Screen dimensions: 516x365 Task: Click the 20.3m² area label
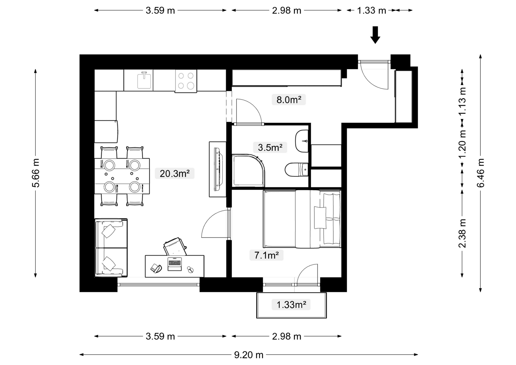[175, 174]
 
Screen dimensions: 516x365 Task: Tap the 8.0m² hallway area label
[289, 100]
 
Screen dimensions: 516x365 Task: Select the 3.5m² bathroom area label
[270, 147]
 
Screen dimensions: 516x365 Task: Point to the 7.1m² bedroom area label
[266, 255]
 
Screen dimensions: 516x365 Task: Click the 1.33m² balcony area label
[291, 305]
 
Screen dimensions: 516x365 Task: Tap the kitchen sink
[144, 80]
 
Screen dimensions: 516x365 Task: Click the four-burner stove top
[186, 81]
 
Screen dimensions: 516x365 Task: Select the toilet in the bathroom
[297, 169]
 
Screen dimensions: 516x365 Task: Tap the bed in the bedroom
[302, 219]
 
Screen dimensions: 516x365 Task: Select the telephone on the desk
[156, 268]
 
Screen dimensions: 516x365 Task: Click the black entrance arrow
[375, 35]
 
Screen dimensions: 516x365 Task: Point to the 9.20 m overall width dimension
[249, 355]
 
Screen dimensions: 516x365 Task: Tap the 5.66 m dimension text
[35, 173]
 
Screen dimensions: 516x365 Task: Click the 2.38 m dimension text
[462, 233]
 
